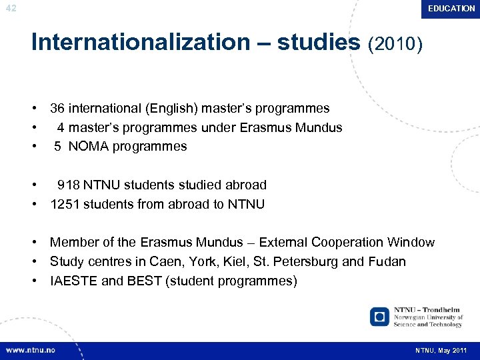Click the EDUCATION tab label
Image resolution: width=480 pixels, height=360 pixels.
tap(451, 9)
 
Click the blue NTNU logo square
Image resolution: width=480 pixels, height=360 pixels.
tap(379, 316)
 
